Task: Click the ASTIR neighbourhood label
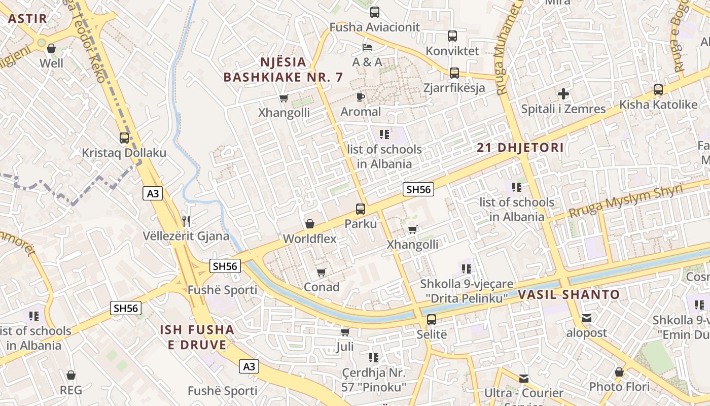click(28, 19)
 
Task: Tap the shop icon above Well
click(51, 48)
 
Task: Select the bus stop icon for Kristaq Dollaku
click(124, 138)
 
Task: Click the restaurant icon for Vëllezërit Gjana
click(186, 221)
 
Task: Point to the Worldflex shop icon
click(309, 224)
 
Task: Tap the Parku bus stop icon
click(361, 209)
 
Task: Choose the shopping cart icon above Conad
click(321, 273)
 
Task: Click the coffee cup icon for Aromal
click(361, 97)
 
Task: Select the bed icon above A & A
click(367, 47)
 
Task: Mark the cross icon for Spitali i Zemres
click(563, 94)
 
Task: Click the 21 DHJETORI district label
click(520, 148)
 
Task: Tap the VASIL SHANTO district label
click(569, 294)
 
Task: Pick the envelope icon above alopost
click(587, 318)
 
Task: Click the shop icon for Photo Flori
click(619, 372)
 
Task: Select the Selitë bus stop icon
click(432, 320)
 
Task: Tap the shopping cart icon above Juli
click(345, 332)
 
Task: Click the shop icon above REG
click(71, 375)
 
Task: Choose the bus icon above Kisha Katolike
click(658, 90)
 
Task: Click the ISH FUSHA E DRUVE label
click(197, 337)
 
